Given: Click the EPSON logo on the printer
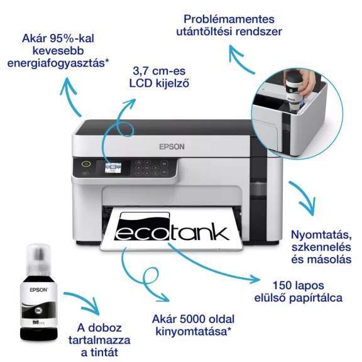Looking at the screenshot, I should [172, 146].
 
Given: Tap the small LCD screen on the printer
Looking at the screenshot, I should [114, 168].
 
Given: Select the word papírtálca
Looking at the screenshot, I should [314, 297].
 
